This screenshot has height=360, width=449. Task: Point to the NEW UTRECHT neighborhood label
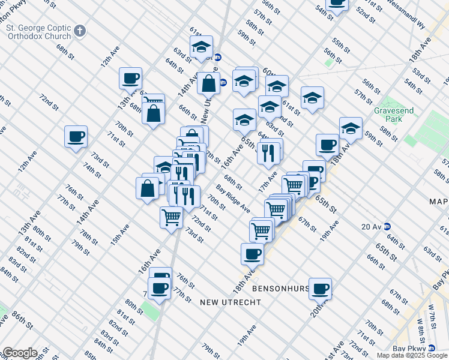[x=231, y=302]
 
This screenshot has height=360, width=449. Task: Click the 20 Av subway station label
[x=372, y=226]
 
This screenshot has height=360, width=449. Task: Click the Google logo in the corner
[x=20, y=353]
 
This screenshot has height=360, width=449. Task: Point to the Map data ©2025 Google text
[x=412, y=355]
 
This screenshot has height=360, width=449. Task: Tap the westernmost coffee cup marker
[x=76, y=137]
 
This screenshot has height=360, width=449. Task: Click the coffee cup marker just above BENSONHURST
[x=252, y=253]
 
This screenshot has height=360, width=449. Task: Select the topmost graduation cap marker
[x=202, y=47]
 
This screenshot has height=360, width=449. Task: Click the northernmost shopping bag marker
[x=208, y=83]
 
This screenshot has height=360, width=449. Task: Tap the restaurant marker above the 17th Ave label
[x=268, y=152]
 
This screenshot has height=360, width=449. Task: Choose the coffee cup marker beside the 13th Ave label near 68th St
[x=130, y=79]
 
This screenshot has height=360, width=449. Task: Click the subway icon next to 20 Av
[x=388, y=226]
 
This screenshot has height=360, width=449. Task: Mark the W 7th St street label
[x=430, y=314]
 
